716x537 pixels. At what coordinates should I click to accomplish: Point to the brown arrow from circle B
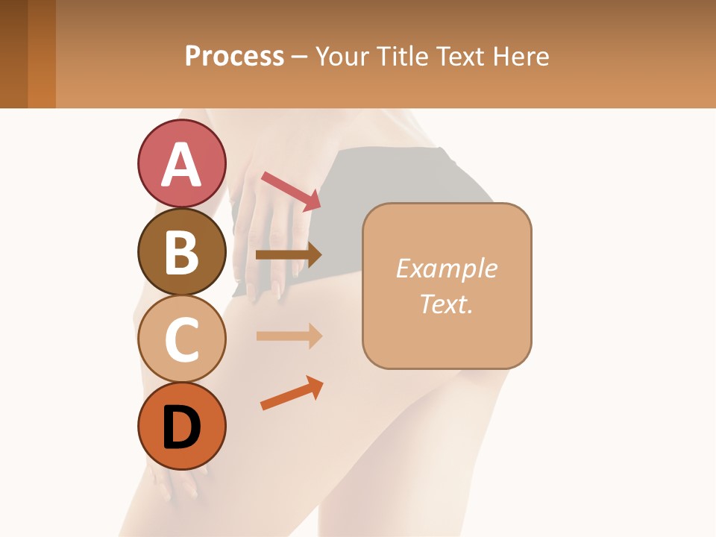click(x=289, y=255)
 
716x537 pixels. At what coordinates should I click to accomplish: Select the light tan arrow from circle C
click(x=289, y=336)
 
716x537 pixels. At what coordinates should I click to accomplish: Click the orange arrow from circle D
click(x=292, y=393)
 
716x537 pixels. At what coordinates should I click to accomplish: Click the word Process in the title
click(x=234, y=56)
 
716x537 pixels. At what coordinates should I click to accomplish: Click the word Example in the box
click(x=447, y=268)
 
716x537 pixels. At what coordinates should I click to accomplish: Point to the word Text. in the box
click(x=447, y=304)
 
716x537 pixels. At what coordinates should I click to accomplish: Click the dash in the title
click(x=300, y=57)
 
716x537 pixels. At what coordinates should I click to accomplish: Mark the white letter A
click(x=181, y=164)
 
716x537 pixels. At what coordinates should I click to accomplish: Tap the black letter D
click(x=181, y=427)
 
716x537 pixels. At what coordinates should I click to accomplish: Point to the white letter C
click(x=181, y=339)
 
